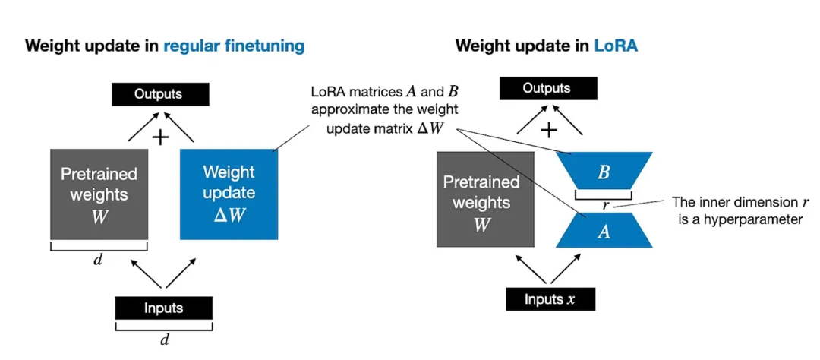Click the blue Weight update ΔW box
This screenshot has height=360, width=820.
click(229, 193)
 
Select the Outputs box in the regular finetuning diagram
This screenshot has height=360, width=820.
click(158, 94)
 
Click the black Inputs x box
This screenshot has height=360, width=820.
click(550, 299)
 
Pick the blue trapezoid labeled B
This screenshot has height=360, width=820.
click(604, 171)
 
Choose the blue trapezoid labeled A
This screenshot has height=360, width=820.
click(604, 230)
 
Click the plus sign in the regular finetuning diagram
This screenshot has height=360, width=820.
click(159, 137)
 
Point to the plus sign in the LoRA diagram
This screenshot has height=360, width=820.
click(547, 130)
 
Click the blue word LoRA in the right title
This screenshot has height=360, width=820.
click(616, 46)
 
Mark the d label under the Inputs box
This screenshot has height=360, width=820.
click(163, 339)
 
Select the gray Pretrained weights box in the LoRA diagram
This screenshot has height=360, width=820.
click(485, 199)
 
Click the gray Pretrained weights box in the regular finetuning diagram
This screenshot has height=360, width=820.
click(98, 193)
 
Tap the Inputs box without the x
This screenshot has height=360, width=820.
click(163, 308)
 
